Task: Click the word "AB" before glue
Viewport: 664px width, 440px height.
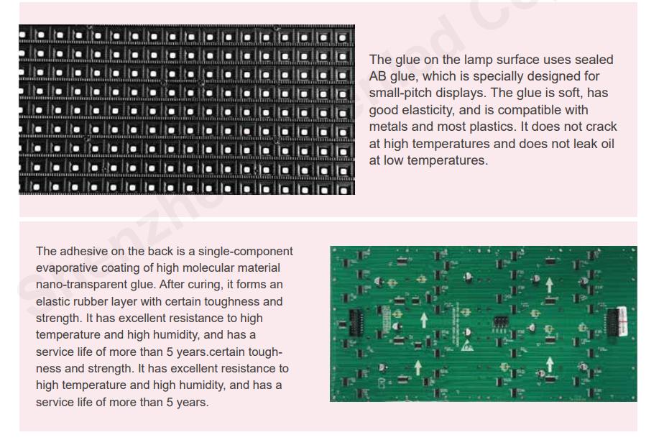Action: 377,76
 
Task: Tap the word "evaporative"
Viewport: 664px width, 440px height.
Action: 67,267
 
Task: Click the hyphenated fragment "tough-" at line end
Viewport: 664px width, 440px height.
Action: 265,352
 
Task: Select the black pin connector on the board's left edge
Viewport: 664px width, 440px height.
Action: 355,323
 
